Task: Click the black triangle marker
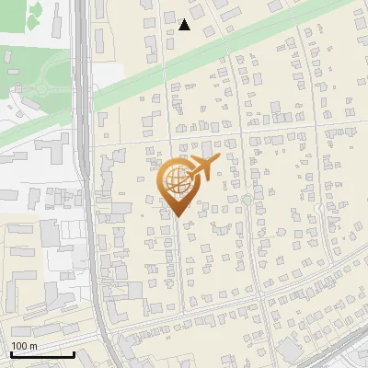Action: click(x=185, y=25)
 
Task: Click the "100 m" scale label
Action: click(x=24, y=345)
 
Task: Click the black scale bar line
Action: click(x=42, y=354)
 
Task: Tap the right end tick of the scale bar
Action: click(x=75, y=352)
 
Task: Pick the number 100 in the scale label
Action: click(x=18, y=345)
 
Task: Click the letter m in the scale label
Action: click(x=33, y=346)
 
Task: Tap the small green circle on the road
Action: click(x=247, y=200)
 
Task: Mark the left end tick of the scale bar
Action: click(x=10, y=352)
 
